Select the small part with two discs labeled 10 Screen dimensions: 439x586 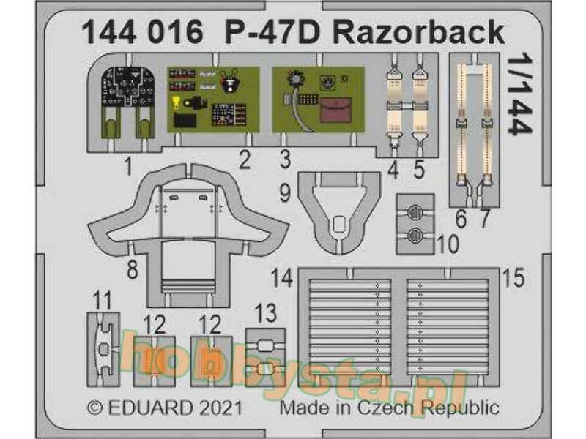point(415,224)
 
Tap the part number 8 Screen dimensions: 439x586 point(133,269)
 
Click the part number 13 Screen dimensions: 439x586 point(266,315)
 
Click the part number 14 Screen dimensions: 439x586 point(282,277)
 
